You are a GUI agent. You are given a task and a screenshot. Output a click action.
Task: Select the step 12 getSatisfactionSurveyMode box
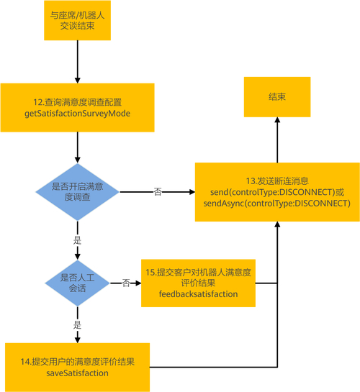click(x=77, y=108)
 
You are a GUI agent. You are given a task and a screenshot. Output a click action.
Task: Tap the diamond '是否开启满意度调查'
click(x=77, y=191)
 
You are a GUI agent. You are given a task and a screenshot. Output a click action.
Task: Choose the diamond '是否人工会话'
click(x=77, y=283)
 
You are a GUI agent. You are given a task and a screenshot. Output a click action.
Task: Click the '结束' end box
click(x=277, y=96)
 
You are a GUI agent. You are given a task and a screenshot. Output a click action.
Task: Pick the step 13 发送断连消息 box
click(x=277, y=191)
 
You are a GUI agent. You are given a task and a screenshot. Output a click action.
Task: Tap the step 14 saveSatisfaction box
click(x=77, y=366)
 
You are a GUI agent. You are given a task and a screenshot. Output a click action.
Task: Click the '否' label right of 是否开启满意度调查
click(x=157, y=191)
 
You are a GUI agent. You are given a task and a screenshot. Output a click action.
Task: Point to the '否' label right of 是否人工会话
click(x=125, y=283)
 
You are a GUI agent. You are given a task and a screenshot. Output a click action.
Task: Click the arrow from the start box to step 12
click(x=77, y=65)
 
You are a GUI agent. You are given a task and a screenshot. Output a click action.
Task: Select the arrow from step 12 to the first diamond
click(x=77, y=147)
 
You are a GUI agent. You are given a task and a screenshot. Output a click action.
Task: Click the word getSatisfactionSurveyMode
click(x=77, y=114)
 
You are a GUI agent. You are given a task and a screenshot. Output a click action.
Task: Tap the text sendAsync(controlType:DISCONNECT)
click(x=277, y=204)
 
